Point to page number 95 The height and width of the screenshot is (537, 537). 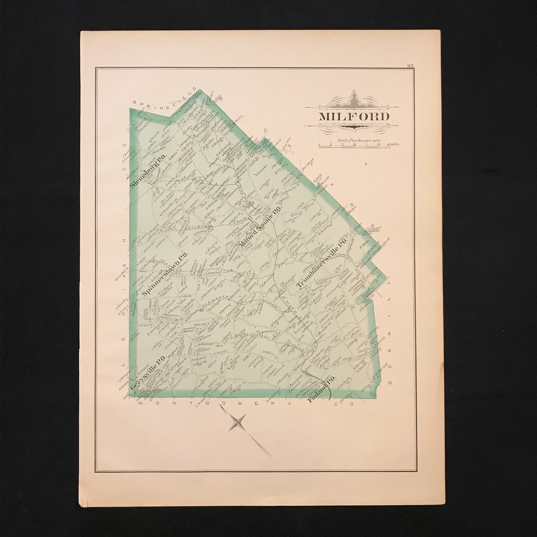[410, 65]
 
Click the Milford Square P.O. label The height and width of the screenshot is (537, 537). [260, 228]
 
